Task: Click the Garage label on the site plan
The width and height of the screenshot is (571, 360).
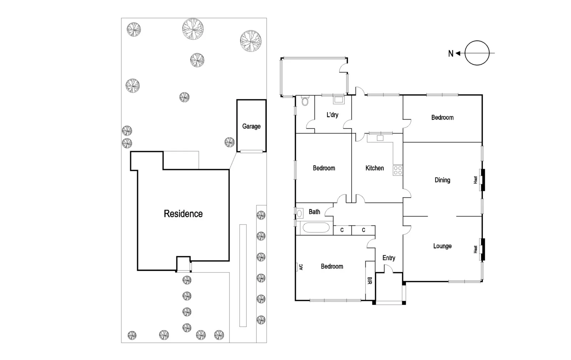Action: (x=251, y=126)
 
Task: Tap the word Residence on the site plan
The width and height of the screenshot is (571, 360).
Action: (x=183, y=214)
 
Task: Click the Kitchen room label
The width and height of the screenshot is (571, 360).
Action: (x=374, y=168)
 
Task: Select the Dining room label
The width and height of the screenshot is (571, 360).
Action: (x=442, y=180)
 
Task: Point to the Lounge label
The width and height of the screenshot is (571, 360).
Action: (x=442, y=246)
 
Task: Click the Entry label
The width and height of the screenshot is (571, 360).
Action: (x=389, y=258)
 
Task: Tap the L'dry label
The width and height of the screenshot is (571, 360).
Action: (x=332, y=115)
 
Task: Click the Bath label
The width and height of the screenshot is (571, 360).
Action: (x=314, y=212)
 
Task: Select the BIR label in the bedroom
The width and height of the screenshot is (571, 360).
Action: (x=370, y=281)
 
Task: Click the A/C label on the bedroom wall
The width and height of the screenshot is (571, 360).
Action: (x=301, y=267)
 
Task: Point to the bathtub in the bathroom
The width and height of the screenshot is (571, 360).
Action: (x=315, y=228)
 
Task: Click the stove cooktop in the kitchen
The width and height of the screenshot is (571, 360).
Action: (x=398, y=170)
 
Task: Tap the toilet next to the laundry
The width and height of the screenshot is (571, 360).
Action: (x=304, y=102)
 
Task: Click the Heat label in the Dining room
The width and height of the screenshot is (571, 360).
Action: (x=475, y=180)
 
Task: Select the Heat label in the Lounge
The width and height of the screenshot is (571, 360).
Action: (x=475, y=249)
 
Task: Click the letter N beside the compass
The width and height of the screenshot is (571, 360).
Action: (x=450, y=54)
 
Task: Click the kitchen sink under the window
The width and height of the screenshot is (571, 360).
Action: (x=380, y=138)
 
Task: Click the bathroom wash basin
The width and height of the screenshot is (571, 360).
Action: (x=299, y=213)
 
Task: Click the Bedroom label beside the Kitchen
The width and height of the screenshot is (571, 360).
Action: (x=324, y=168)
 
